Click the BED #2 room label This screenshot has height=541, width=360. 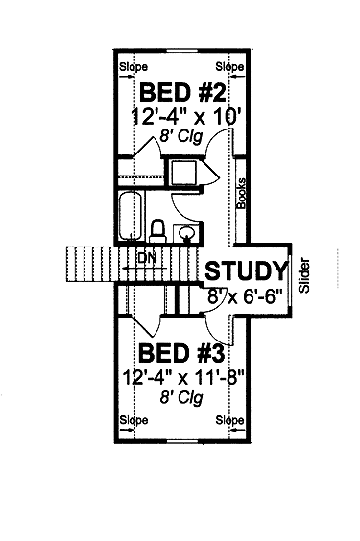(182, 92)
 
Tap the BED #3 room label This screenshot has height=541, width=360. (181, 354)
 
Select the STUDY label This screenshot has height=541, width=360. (247, 270)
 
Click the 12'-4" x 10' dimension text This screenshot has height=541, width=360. (186, 118)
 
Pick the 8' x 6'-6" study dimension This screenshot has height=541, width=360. (245, 295)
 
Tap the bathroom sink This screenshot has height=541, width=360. (186, 234)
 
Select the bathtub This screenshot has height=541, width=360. (131, 216)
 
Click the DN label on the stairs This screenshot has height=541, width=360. (148, 257)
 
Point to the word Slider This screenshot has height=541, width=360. (304, 275)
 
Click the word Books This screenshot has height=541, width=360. (241, 193)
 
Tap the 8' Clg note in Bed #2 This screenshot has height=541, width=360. (180, 136)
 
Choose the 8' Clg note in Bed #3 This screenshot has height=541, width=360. (181, 397)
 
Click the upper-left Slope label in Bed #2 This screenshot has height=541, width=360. (133, 67)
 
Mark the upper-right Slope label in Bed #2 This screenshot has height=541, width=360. (229, 66)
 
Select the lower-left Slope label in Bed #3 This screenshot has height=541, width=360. (133, 420)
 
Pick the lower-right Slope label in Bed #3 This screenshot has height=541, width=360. (229, 420)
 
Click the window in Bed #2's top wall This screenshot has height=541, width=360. (183, 51)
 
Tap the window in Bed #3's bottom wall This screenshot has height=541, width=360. (183, 441)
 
